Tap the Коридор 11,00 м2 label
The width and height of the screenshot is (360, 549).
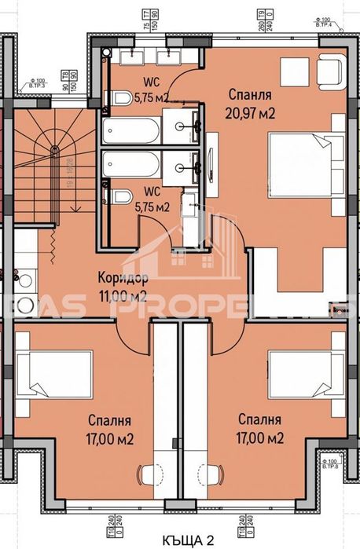point(122,287)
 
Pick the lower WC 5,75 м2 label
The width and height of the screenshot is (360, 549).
point(152,201)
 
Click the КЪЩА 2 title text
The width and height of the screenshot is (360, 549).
point(188,539)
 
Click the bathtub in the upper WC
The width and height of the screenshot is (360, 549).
point(130,129)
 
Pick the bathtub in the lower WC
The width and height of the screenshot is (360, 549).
point(130,165)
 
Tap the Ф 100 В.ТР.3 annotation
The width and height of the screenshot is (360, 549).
point(35,81)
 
